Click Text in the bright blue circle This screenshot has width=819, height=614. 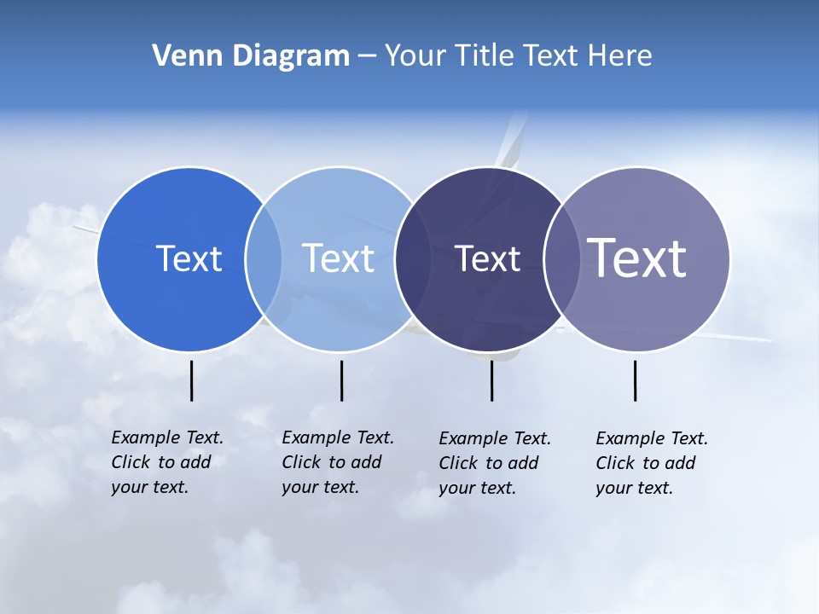point(189,258)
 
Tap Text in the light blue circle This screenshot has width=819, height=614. point(338,258)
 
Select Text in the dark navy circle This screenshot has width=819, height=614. point(487,259)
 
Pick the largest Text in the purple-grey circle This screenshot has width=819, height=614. point(637,258)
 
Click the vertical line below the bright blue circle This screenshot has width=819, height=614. point(191,380)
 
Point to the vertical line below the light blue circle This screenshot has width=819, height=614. point(341,380)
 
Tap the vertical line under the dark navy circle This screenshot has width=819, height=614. point(491,380)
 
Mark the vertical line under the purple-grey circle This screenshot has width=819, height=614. point(635,380)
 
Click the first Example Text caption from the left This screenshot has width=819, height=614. point(166,462)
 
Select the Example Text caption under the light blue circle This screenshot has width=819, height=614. point(337,462)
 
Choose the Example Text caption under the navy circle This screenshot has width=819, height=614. point(494,463)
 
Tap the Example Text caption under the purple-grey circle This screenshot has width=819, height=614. point(651,463)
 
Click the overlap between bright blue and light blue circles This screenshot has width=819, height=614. point(264,259)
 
